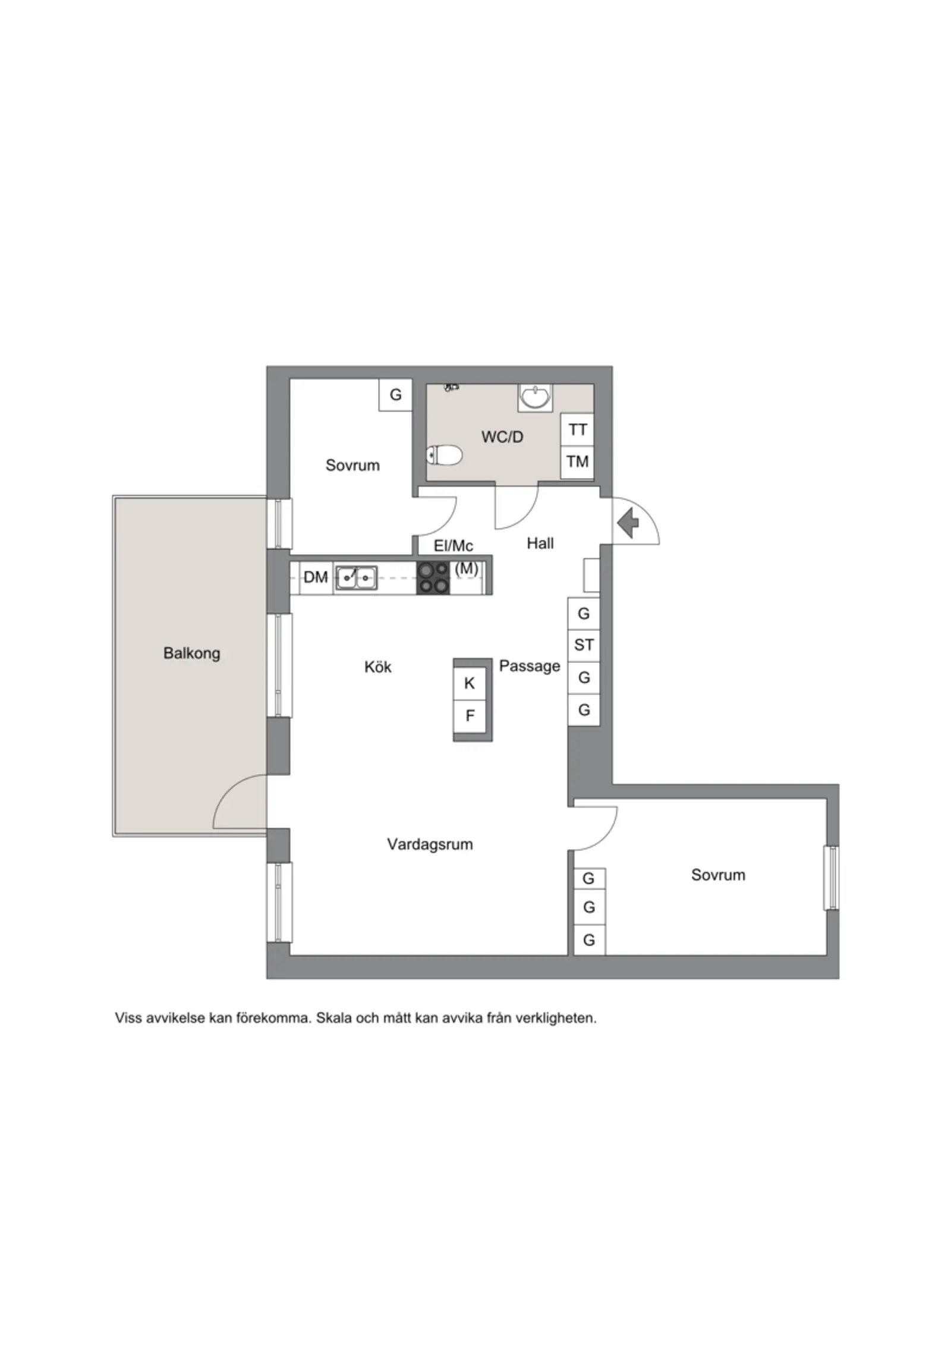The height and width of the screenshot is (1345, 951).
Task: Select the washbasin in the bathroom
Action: click(x=535, y=397)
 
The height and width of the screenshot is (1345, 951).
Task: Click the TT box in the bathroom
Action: click(x=577, y=429)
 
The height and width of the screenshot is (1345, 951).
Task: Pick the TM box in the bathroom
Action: click(x=577, y=461)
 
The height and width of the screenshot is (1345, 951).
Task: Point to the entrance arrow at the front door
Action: click(x=628, y=524)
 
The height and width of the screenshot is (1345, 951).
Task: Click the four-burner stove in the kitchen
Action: click(x=433, y=577)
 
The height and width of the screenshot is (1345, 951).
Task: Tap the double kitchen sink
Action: click(x=356, y=577)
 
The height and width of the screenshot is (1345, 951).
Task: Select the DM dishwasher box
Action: click(x=316, y=577)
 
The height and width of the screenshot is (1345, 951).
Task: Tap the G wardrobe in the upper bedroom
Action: click(x=395, y=394)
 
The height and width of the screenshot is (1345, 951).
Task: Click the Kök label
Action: click(x=378, y=667)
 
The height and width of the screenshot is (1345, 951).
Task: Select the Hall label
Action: click(x=540, y=543)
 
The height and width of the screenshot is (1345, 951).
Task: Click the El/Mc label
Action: click(x=454, y=545)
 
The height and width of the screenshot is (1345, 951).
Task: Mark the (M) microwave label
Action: click(x=467, y=568)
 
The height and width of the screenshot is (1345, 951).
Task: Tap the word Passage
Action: click(x=530, y=666)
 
